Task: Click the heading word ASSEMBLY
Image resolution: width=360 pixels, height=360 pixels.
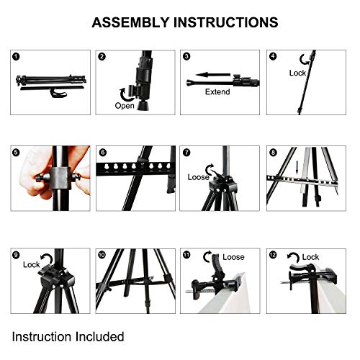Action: point(128,22)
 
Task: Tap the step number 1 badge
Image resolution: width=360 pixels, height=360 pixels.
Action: point(17,55)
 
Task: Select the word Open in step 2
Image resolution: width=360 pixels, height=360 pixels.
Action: point(125,106)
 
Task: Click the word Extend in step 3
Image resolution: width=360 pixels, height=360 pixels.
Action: point(217,92)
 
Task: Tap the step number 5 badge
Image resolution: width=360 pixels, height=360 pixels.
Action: point(17,152)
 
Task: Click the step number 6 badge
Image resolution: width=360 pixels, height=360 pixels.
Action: point(102,152)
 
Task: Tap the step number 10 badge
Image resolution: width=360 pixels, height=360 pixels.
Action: point(102,254)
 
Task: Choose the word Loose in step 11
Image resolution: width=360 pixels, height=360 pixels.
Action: point(233,257)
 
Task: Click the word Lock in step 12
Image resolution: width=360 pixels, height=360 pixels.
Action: point(310,257)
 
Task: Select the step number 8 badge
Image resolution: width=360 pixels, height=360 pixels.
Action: point(272,152)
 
